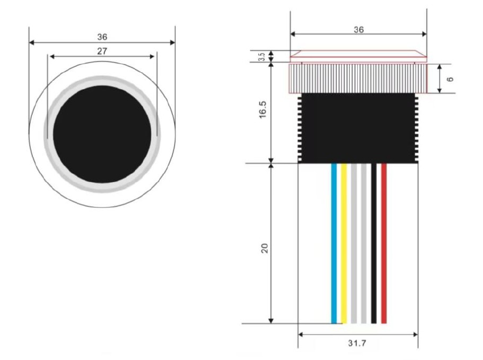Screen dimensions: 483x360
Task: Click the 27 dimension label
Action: click(x=102, y=51)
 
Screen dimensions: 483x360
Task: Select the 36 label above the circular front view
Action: click(x=102, y=37)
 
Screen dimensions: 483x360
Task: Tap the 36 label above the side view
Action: click(x=358, y=30)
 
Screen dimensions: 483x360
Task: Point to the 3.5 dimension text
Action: click(x=262, y=57)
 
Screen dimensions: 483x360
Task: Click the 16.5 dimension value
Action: click(x=262, y=109)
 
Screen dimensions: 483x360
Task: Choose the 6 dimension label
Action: click(x=450, y=79)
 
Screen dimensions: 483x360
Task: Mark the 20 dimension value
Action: click(x=265, y=248)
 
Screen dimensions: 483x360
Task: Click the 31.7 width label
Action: click(x=357, y=343)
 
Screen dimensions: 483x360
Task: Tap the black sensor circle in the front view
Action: click(x=102, y=134)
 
